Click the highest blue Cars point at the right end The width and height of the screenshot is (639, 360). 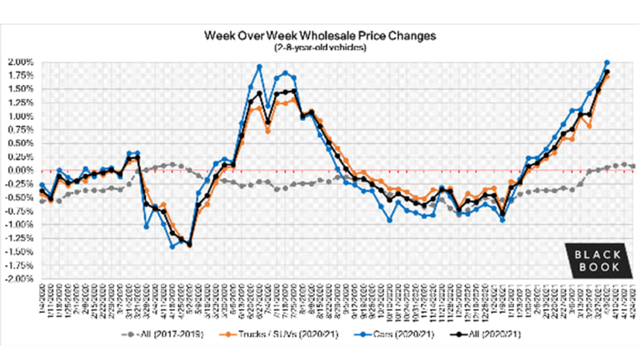tap(607, 63)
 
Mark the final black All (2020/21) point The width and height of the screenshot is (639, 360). tap(607, 72)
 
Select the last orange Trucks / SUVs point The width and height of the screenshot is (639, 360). tap(607, 76)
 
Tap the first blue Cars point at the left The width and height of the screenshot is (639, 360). tap(42, 185)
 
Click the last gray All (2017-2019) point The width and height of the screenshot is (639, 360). tap(633, 166)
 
